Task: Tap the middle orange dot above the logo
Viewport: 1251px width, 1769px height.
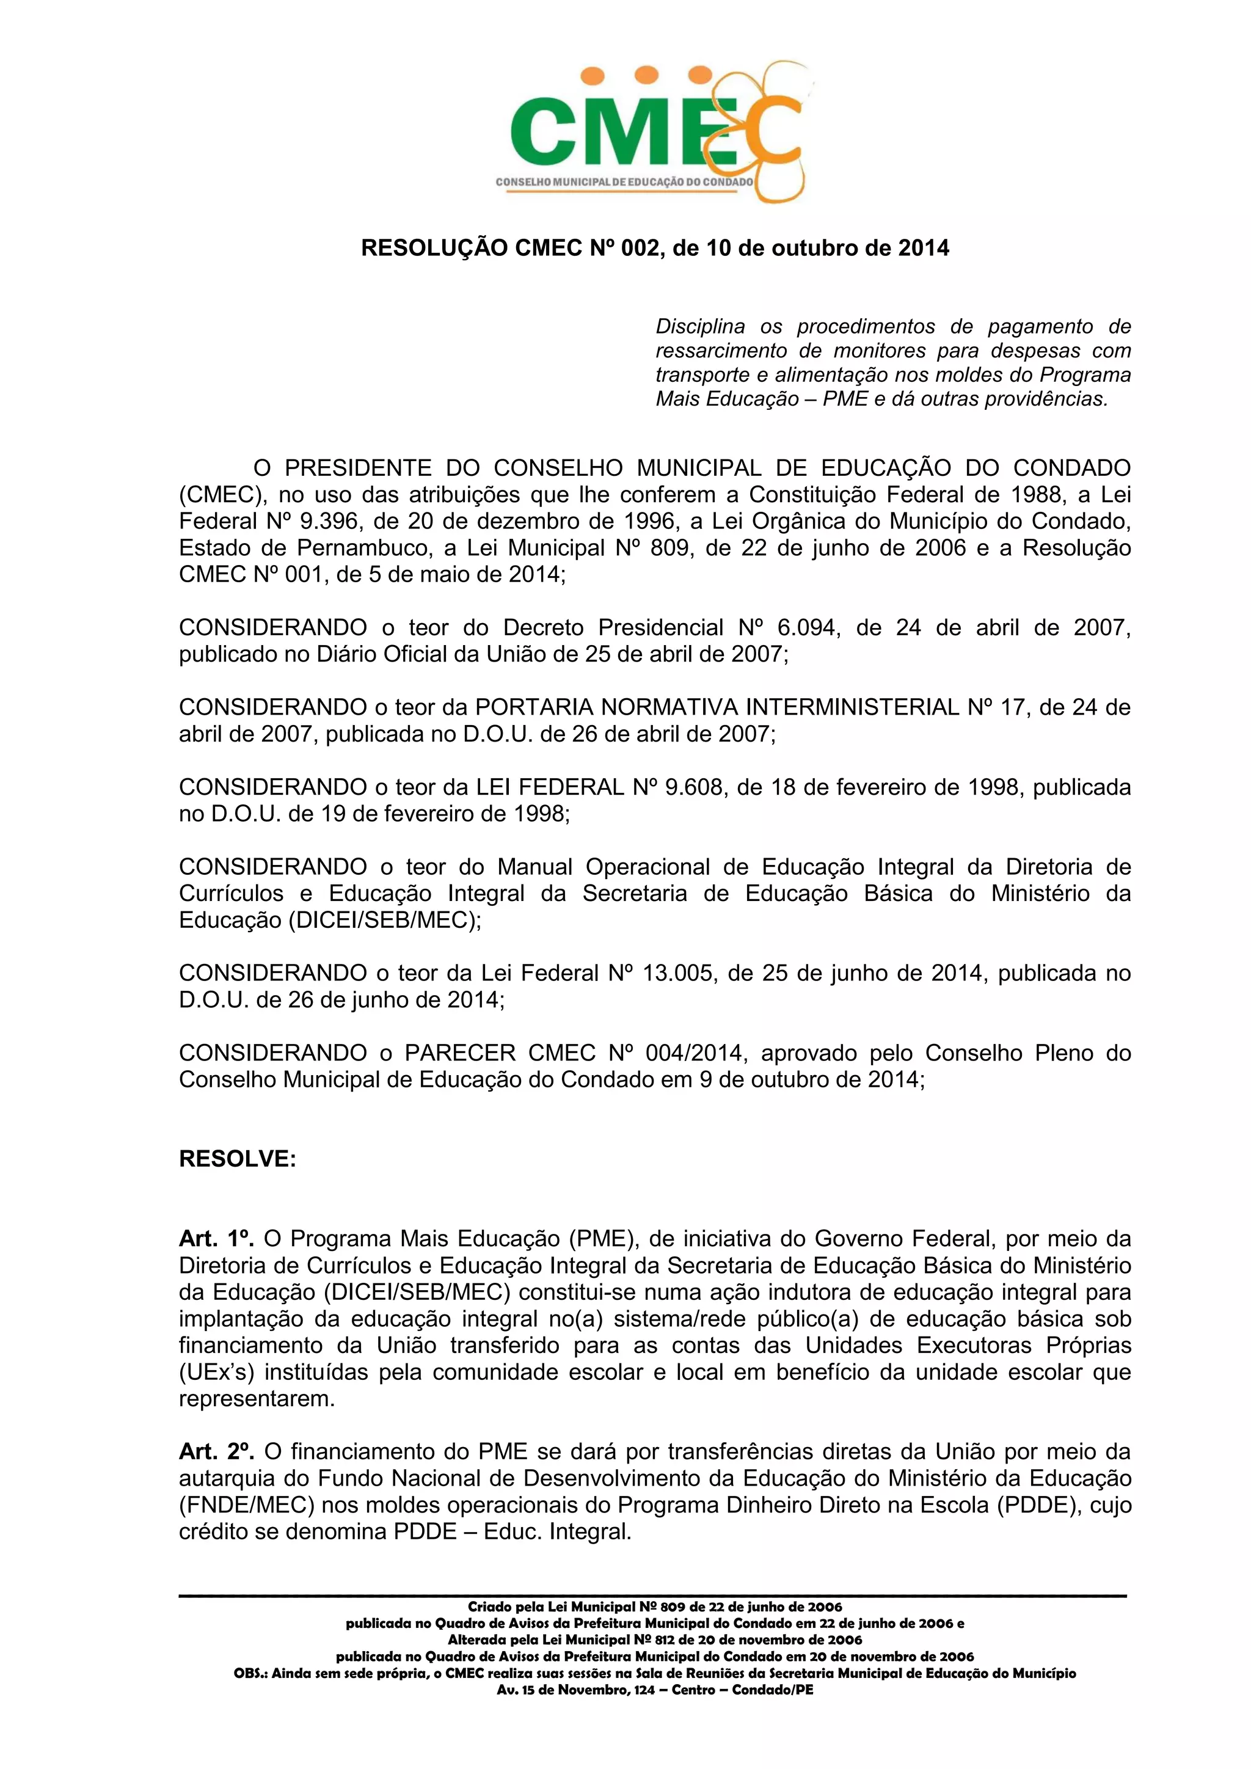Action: [x=641, y=74]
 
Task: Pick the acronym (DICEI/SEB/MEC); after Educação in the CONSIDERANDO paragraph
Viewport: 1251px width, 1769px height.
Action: [x=384, y=920]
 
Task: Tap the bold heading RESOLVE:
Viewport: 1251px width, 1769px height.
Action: [x=237, y=1159]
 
